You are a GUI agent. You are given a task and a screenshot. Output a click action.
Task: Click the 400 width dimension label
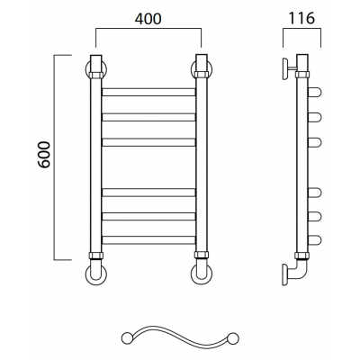tap(148, 19)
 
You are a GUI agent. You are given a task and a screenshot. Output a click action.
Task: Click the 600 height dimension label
tap(45, 155)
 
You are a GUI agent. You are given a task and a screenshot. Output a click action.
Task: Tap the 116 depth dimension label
tap(301, 18)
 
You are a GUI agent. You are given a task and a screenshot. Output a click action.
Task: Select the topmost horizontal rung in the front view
tap(148, 92)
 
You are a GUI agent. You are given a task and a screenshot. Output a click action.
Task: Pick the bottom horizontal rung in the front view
tap(148, 240)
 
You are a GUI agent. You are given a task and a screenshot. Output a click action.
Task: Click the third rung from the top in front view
tap(148, 142)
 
